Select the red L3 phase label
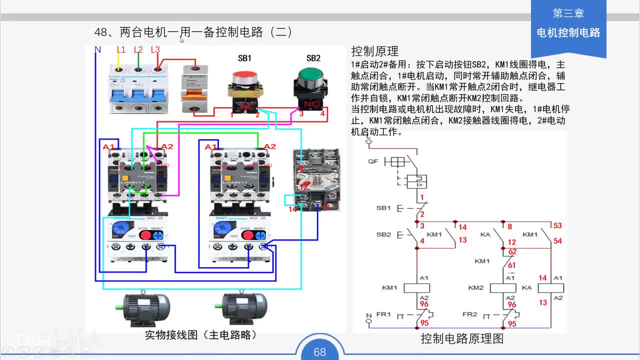[x=155, y=49]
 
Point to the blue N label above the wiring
[x=98, y=49]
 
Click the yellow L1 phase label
[x=121, y=49]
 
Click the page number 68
[x=320, y=352]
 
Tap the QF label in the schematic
[x=373, y=161]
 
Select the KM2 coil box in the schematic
[x=502, y=287]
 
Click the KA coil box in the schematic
[x=550, y=287]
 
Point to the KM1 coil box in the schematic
[x=416, y=287]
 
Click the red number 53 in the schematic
[x=557, y=226]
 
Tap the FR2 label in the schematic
[x=470, y=314]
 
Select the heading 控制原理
[x=375, y=51]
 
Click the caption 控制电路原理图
[x=461, y=338]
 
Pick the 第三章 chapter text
[x=568, y=13]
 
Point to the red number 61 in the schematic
[x=512, y=265]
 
